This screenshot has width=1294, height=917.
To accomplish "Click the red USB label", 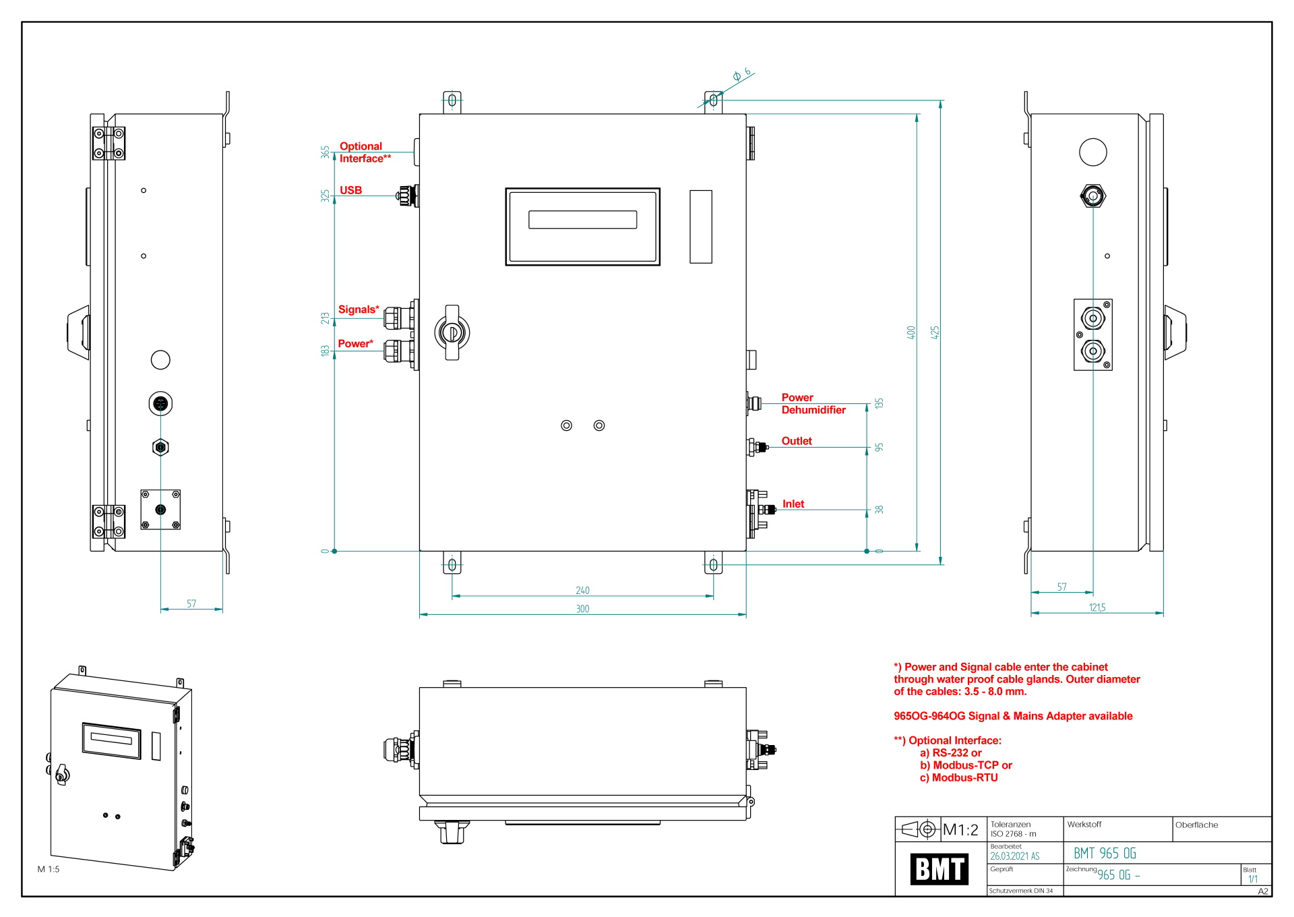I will click(x=350, y=190).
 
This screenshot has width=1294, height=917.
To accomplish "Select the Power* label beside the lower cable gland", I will click(x=355, y=344).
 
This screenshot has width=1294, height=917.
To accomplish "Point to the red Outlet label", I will click(x=797, y=441).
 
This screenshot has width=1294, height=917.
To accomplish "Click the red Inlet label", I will click(x=793, y=504).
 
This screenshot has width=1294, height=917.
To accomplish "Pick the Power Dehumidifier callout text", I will click(x=813, y=404).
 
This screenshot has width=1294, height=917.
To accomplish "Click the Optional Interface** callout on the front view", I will click(x=365, y=152).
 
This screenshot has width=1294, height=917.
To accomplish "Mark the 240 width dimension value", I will click(x=582, y=591).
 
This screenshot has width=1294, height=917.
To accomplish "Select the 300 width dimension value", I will click(x=582, y=609).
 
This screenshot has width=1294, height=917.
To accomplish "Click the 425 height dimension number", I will click(x=935, y=332).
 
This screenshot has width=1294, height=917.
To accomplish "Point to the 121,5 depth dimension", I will click(x=1097, y=608).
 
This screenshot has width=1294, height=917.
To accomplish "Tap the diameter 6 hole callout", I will click(x=741, y=74).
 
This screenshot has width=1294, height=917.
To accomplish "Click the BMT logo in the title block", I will click(x=939, y=868).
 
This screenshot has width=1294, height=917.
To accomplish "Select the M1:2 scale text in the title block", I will click(x=960, y=830).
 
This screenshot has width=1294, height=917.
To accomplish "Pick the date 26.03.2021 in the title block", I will click(x=1014, y=856).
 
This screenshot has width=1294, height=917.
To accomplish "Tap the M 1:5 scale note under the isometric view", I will click(x=49, y=869).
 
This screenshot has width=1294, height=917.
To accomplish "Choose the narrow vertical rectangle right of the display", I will click(x=700, y=227).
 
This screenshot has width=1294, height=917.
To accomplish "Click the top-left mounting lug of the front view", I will click(x=452, y=101).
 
